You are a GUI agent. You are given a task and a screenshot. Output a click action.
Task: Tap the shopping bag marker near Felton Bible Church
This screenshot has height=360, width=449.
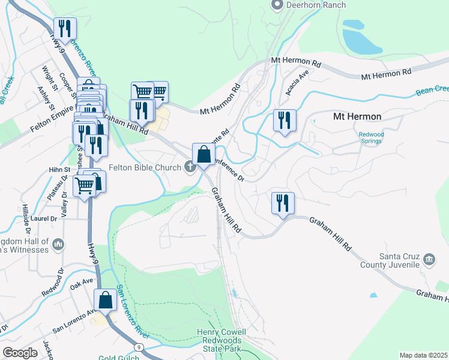(204, 154)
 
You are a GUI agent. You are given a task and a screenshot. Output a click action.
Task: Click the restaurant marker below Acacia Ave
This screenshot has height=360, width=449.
(284, 120)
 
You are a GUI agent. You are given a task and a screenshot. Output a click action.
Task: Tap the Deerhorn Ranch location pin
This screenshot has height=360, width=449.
(277, 5)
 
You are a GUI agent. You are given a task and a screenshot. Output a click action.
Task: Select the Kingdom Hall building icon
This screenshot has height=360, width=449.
(58, 244)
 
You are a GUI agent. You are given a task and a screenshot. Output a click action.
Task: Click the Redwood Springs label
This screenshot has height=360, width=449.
(370, 138)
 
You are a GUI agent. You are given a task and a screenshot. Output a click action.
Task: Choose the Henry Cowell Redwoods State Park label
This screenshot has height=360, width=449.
(221, 340)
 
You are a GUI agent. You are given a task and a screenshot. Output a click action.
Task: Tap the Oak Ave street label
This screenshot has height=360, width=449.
(81, 280)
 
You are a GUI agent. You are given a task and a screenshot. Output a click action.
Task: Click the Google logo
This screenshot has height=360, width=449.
(20, 352)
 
